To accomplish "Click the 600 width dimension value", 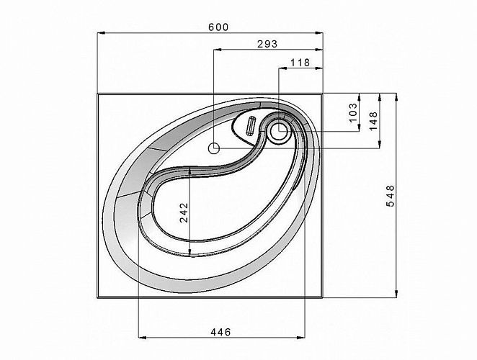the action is pyautogui.click(x=218, y=27).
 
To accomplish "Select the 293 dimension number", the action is pyautogui.click(x=267, y=44).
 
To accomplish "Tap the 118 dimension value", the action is pyautogui.click(x=300, y=63).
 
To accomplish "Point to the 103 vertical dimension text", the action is pyautogui.click(x=353, y=112).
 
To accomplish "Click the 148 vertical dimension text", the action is pyautogui.click(x=373, y=121).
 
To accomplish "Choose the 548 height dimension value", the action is pyautogui.click(x=390, y=196).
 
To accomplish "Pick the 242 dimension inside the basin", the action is pyautogui.click(x=184, y=212).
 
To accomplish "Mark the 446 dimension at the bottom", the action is pyautogui.click(x=220, y=332).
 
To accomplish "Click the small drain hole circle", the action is pyautogui.click(x=214, y=149).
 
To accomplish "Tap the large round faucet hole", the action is pyautogui.click(x=279, y=131).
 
